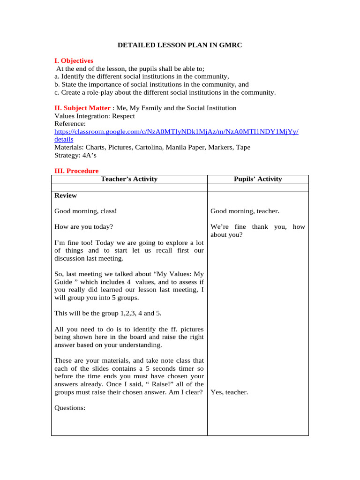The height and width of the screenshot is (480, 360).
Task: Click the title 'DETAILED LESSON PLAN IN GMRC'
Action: coord(180,45)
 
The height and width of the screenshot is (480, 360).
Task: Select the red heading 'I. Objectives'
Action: coord(74,61)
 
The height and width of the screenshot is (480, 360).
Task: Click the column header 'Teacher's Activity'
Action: coord(129,179)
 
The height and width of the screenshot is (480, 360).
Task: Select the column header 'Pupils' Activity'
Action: coord(257,179)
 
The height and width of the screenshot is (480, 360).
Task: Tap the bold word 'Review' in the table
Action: coord(66,195)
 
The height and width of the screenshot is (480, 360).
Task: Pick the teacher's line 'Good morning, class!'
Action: coord(85,211)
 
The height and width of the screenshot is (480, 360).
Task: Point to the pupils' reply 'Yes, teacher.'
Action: coord(229,392)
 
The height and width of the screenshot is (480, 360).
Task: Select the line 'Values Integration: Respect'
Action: coord(94,116)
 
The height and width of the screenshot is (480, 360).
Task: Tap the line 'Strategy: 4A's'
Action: coord(75,155)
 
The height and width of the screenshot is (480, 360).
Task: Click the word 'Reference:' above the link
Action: coord(70,124)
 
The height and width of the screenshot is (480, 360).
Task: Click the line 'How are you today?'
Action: coord(83,227)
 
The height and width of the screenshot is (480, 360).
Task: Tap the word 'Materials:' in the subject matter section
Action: coord(69,147)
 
